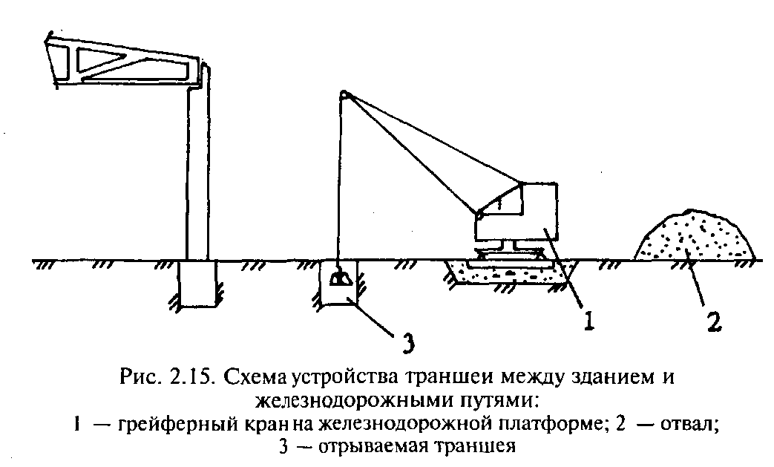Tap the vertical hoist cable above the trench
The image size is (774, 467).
click(341, 186)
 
